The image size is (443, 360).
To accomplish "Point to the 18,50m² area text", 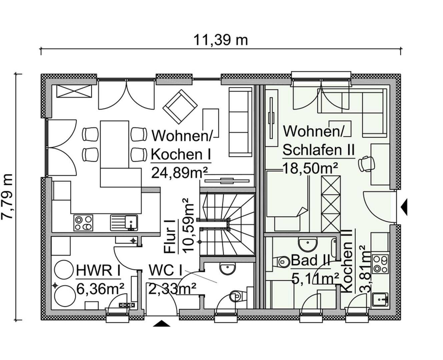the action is point(310,168).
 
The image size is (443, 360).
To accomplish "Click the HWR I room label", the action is point(98,270).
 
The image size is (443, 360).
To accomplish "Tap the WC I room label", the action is point(165,270).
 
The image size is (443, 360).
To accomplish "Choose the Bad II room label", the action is point(310,260).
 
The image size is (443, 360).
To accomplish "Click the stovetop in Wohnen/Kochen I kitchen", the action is point(83,223).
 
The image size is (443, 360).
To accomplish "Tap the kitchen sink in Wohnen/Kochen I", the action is point(124,223).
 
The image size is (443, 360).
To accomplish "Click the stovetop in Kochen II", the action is point(380,264).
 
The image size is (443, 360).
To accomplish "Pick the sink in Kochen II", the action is point(380,300).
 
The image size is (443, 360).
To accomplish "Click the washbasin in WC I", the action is point(228,269).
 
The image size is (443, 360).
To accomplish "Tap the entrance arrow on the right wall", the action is point(404,207).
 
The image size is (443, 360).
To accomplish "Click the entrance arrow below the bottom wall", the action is point(161,323).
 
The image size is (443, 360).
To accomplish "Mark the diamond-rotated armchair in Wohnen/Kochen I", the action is point(180,106).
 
